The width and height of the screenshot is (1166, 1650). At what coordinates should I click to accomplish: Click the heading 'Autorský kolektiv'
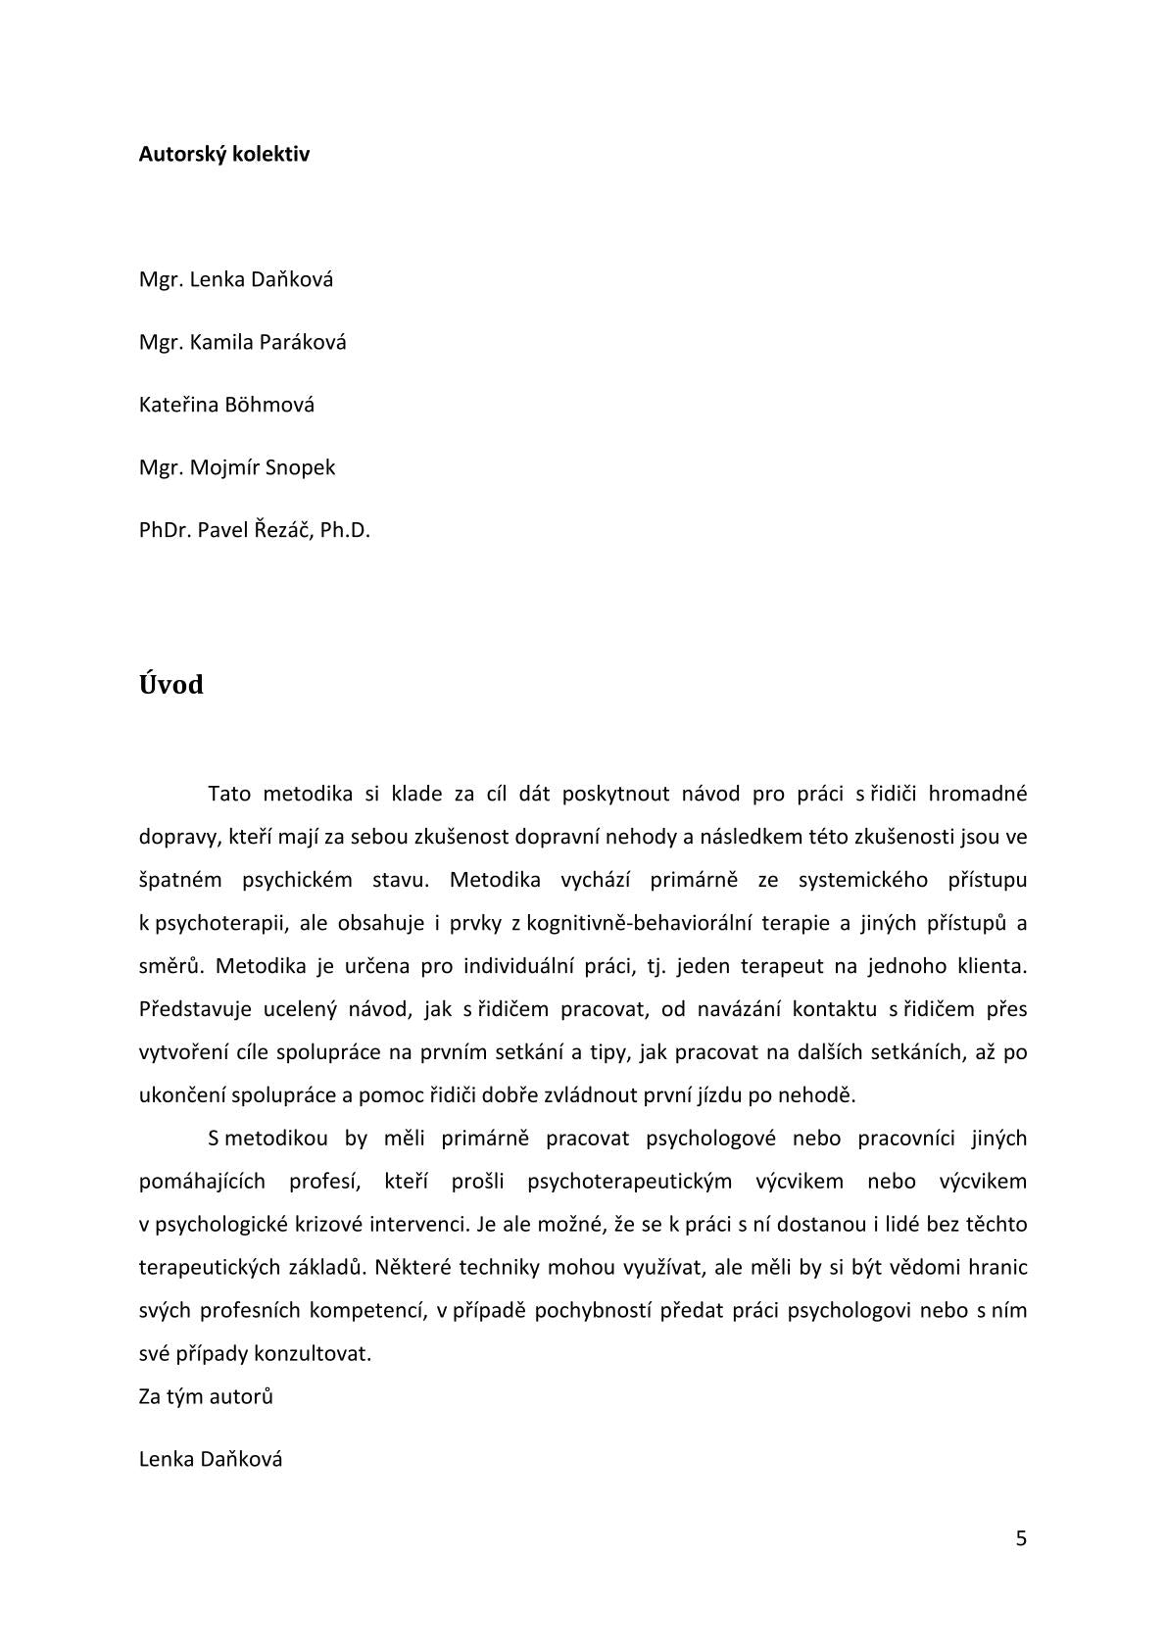(224, 154)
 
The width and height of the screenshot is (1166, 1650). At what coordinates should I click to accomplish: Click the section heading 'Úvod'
(171, 684)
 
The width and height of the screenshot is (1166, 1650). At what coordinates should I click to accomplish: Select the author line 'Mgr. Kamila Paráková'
(242, 342)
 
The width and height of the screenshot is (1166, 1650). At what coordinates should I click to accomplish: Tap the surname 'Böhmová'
(269, 405)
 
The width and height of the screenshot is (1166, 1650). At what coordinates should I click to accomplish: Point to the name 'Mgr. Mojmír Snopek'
(236, 467)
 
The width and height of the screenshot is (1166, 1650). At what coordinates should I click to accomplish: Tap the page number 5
(1021, 1538)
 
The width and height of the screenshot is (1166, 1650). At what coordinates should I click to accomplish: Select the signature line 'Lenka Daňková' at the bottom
(211, 1459)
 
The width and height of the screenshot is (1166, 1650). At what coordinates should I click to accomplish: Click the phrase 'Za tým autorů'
(206, 1396)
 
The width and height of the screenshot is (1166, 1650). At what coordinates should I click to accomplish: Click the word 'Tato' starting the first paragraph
(229, 794)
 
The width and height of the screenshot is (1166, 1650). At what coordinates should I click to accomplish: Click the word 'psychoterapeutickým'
(629, 1181)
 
